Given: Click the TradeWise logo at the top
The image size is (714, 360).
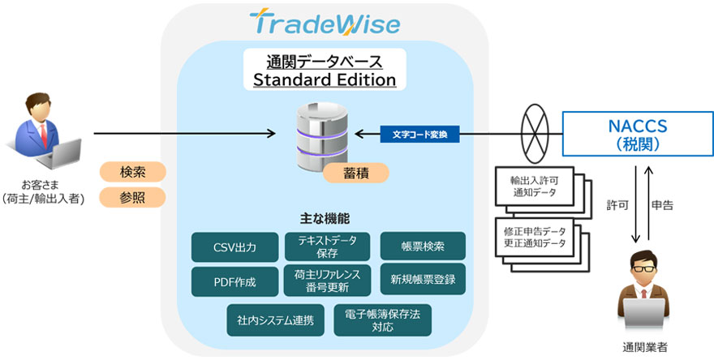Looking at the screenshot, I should tap(325, 24).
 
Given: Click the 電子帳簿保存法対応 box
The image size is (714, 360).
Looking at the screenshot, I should tap(382, 319).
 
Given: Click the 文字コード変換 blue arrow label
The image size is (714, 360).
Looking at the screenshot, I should tap(419, 133).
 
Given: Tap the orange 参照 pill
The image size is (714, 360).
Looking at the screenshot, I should tap(132, 197).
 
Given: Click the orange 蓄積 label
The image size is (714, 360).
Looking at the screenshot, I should tap(355, 173).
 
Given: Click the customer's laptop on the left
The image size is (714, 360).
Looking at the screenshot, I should tap(65, 150).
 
